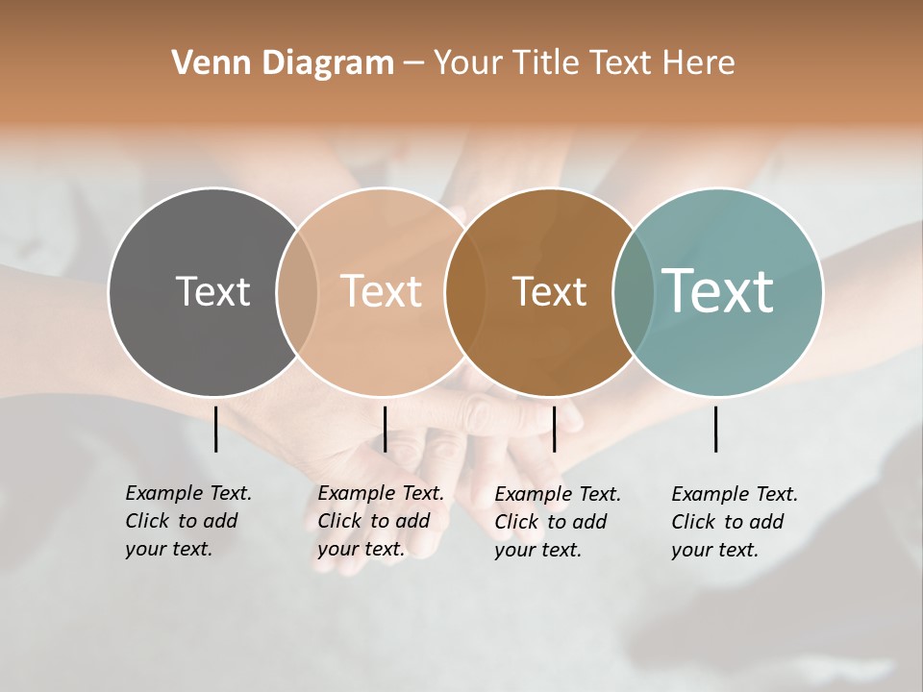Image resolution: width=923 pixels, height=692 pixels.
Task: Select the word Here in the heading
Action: (x=699, y=62)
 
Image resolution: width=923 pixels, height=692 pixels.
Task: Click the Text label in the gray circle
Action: (x=212, y=291)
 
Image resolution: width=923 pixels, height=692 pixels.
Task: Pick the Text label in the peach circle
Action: (x=382, y=291)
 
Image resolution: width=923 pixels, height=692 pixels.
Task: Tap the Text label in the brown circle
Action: (x=549, y=291)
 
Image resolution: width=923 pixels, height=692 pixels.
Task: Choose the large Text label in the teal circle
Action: (x=718, y=291)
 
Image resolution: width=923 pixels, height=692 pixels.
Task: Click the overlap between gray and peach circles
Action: (x=297, y=291)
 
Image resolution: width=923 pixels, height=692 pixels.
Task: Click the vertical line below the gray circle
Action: (x=216, y=429)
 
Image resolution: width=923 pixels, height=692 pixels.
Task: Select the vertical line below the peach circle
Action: (x=386, y=429)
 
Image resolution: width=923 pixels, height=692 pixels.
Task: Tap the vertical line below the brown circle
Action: (x=555, y=429)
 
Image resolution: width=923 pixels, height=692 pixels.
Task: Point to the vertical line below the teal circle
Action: (x=716, y=429)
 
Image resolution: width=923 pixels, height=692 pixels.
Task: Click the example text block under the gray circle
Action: (x=187, y=521)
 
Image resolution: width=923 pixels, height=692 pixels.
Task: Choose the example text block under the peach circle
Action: (x=380, y=521)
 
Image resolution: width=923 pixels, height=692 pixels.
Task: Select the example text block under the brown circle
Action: (x=557, y=522)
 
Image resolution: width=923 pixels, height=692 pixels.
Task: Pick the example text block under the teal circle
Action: (x=734, y=522)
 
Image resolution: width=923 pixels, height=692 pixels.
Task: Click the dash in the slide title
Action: (x=413, y=63)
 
